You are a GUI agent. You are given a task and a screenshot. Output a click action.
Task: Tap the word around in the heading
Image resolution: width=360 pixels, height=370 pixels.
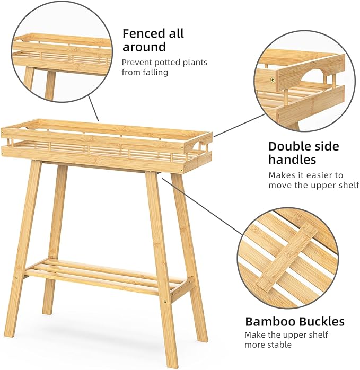(x=144, y=47)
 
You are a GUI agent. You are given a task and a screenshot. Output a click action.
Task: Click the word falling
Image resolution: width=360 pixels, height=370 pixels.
(x=155, y=72)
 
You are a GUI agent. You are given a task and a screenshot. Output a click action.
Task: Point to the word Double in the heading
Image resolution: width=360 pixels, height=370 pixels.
(x=290, y=146)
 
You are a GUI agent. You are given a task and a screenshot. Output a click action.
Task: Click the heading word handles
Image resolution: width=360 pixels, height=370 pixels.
(x=292, y=160)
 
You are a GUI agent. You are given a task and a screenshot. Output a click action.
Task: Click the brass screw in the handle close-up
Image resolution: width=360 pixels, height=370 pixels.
(x=273, y=80)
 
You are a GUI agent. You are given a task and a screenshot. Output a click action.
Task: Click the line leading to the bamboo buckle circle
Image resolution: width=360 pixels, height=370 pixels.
(x=202, y=207)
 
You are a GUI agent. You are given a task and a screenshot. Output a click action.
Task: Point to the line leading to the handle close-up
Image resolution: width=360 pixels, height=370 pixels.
(x=239, y=126)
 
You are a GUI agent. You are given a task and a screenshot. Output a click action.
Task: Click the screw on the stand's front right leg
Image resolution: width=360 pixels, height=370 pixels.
(x=165, y=301)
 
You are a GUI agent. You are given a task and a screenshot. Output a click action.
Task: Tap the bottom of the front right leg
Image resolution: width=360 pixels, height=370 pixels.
(x=172, y=366)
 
